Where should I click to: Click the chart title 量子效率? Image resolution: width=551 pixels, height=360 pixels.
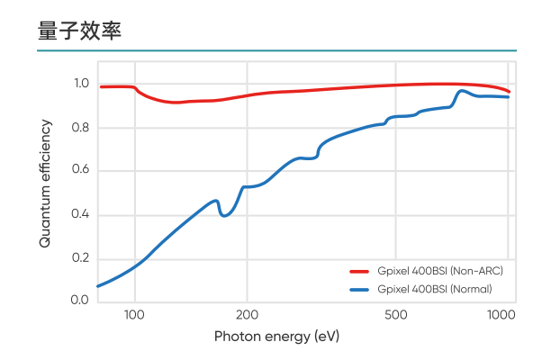tap(79, 30)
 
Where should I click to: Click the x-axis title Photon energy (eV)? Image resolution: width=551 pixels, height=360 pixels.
tap(276, 337)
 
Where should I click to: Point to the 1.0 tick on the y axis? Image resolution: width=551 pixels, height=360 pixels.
tap(81, 84)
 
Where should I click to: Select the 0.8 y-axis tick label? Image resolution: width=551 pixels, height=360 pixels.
tap(81, 128)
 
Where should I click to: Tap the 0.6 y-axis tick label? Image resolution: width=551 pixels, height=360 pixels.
tap(81, 171)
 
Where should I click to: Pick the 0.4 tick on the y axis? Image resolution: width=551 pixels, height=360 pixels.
tap(81, 214)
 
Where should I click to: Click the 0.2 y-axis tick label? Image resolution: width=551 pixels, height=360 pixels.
tap(81, 258)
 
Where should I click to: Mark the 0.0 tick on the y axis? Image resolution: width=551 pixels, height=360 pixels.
tap(81, 301)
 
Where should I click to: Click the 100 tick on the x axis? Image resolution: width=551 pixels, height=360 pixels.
tap(134, 315)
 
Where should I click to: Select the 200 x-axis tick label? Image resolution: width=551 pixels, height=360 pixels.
tap(247, 315)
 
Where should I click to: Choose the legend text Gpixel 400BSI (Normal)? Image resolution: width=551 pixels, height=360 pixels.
tap(435, 289)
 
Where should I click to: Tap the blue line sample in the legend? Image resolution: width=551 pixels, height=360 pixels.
tap(360, 289)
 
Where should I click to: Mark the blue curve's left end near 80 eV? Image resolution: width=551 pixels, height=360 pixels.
tap(97, 286)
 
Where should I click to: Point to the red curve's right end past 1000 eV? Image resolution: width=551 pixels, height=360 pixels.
tap(510, 92)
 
